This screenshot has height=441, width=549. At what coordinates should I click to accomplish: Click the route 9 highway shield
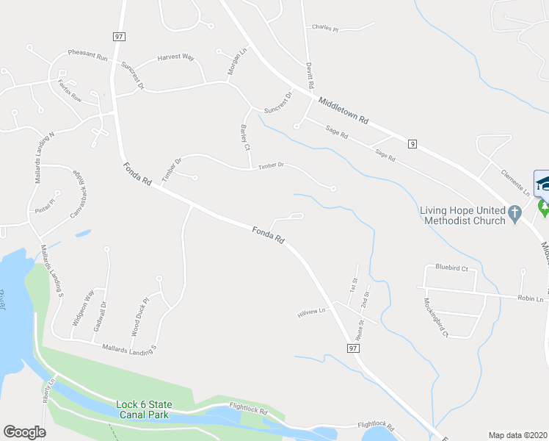click(x=413, y=145)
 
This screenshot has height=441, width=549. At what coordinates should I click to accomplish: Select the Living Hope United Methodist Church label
click(x=462, y=215)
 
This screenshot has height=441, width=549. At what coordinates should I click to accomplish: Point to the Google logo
click(x=24, y=432)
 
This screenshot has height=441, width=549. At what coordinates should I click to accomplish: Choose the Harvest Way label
click(x=175, y=57)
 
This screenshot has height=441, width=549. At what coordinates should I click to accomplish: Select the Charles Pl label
click(x=324, y=29)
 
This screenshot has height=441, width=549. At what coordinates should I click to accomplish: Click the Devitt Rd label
click(x=310, y=75)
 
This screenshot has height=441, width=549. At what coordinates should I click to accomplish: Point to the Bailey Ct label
click(x=245, y=137)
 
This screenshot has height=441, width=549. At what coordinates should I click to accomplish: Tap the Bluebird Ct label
click(x=451, y=268)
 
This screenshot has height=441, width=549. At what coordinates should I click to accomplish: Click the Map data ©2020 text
click(x=517, y=435)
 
